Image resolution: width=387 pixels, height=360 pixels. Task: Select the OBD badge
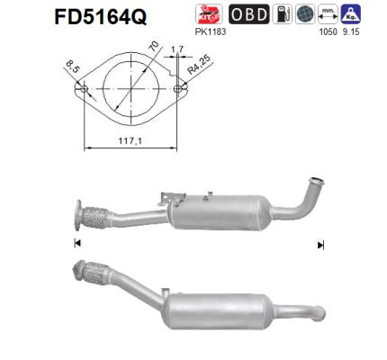tap(247, 13)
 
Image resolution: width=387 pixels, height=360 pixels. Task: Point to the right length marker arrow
tap(319, 245)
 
